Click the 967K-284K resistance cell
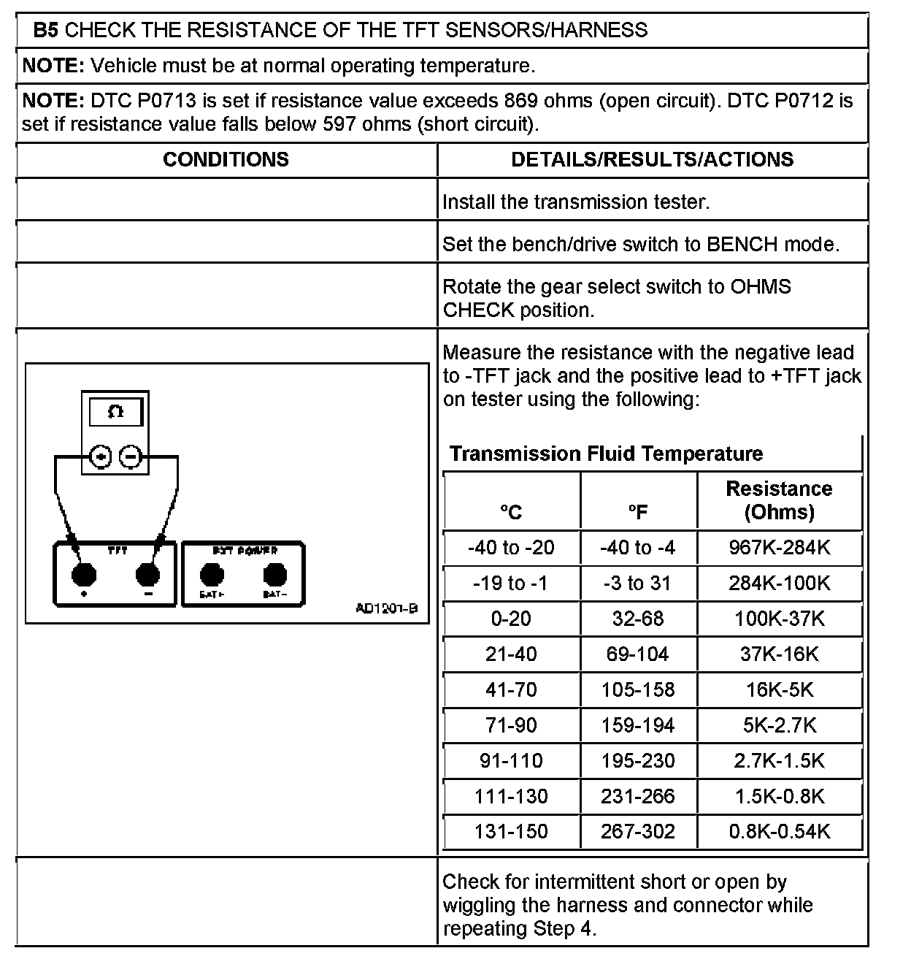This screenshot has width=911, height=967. [x=779, y=548]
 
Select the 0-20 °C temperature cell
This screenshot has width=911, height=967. [x=511, y=619]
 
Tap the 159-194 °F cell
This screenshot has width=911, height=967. [x=638, y=725]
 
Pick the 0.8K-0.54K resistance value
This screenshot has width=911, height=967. [x=779, y=831]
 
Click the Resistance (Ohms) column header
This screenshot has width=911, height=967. [x=779, y=500]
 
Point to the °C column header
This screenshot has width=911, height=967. [x=511, y=512]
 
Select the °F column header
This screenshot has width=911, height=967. [x=638, y=512]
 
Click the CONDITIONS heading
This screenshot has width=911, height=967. [x=226, y=160]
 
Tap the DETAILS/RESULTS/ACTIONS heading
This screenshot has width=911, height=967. [x=652, y=160]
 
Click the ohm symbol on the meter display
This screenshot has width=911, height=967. [x=115, y=412]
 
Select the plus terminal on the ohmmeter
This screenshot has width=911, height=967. [x=101, y=457]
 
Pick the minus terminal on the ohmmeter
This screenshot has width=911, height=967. [x=130, y=457]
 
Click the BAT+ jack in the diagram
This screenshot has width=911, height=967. [x=212, y=576]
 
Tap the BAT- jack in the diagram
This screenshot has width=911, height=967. [x=274, y=576]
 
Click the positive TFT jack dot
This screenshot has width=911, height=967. [x=84, y=575]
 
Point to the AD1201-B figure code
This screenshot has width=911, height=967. [x=386, y=608]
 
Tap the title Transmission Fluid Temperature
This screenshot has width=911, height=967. [x=606, y=454]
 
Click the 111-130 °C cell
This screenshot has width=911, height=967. [x=511, y=796]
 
